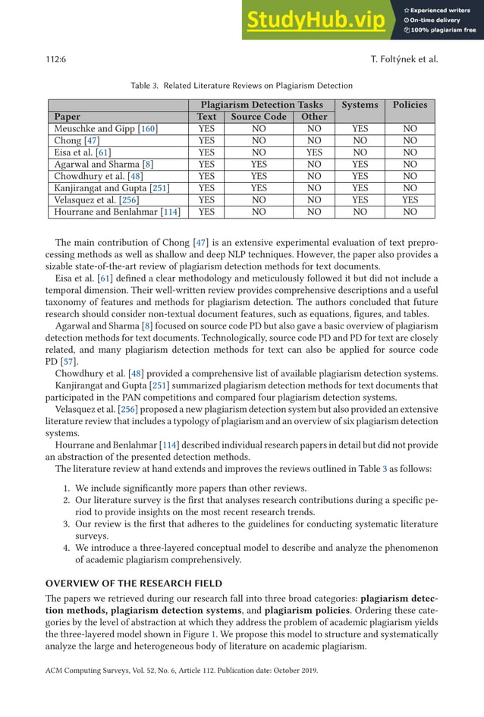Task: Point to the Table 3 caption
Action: [241, 86]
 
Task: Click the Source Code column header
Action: [259, 117]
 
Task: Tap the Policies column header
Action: [410, 105]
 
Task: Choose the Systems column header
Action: [360, 105]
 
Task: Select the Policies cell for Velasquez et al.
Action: [410, 200]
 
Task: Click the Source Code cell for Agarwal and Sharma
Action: [259, 164]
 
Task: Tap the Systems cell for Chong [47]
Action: [360, 140]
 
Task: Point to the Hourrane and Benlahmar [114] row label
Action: [118, 212]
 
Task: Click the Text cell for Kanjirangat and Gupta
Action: [206, 188]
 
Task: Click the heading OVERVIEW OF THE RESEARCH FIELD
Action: [133, 583]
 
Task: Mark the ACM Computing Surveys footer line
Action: [182, 671]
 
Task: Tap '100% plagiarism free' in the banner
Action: [442, 30]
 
